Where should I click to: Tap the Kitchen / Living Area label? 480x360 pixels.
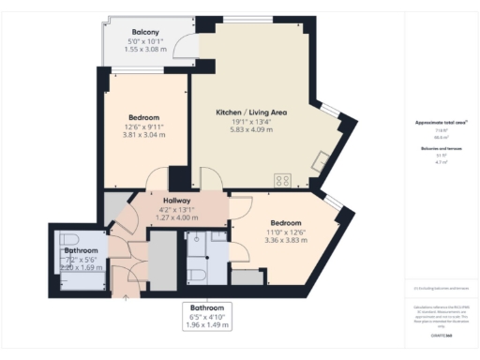click(x=251, y=112)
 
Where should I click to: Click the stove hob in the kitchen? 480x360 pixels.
click(x=281, y=181)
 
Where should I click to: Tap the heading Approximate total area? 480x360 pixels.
click(x=441, y=123)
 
